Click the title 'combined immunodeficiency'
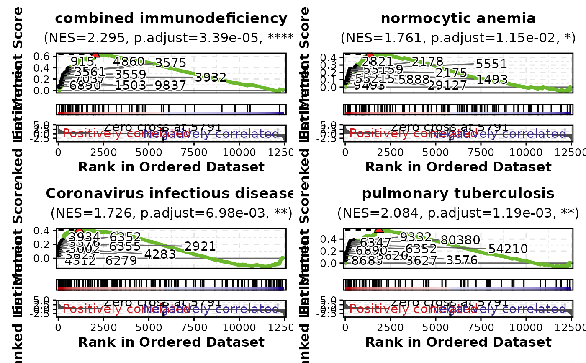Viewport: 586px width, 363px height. (x=171, y=18)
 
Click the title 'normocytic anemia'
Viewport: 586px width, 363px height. (x=458, y=18)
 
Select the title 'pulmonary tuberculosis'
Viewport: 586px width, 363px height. (x=458, y=194)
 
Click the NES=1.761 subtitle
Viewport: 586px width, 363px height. (x=458, y=38)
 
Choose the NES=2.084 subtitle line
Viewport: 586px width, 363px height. (x=458, y=213)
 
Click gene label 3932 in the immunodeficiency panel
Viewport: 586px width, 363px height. (x=211, y=78)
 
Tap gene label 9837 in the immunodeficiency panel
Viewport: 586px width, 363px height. (x=170, y=86)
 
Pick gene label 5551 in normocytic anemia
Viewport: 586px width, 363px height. (x=491, y=64)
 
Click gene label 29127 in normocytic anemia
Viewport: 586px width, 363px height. (x=447, y=86)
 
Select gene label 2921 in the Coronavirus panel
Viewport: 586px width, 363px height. (x=200, y=246)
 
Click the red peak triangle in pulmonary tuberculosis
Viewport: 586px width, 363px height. (x=379, y=229)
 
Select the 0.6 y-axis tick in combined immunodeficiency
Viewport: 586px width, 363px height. (x=44, y=56)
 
